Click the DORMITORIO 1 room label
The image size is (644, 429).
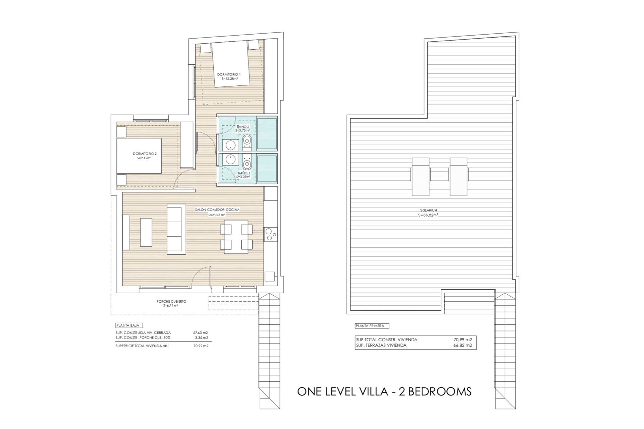(x=229, y=74)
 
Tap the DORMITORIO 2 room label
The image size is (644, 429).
(x=145, y=154)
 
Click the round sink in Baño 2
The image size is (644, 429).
(x=230, y=145)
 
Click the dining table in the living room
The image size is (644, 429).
(x=236, y=237)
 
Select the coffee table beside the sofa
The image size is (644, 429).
(x=146, y=232)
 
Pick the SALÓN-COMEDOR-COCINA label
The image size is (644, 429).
(x=217, y=210)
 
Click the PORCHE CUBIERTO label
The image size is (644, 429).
(x=171, y=301)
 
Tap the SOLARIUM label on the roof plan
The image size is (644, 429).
(x=428, y=210)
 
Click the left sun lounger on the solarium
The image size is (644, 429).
(x=420, y=177)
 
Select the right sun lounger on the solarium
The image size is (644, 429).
(x=459, y=177)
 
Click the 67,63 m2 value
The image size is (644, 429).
(x=201, y=333)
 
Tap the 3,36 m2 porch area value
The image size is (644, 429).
(x=202, y=338)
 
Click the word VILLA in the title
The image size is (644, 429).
(x=373, y=391)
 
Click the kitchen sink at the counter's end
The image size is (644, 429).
(x=270, y=277)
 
